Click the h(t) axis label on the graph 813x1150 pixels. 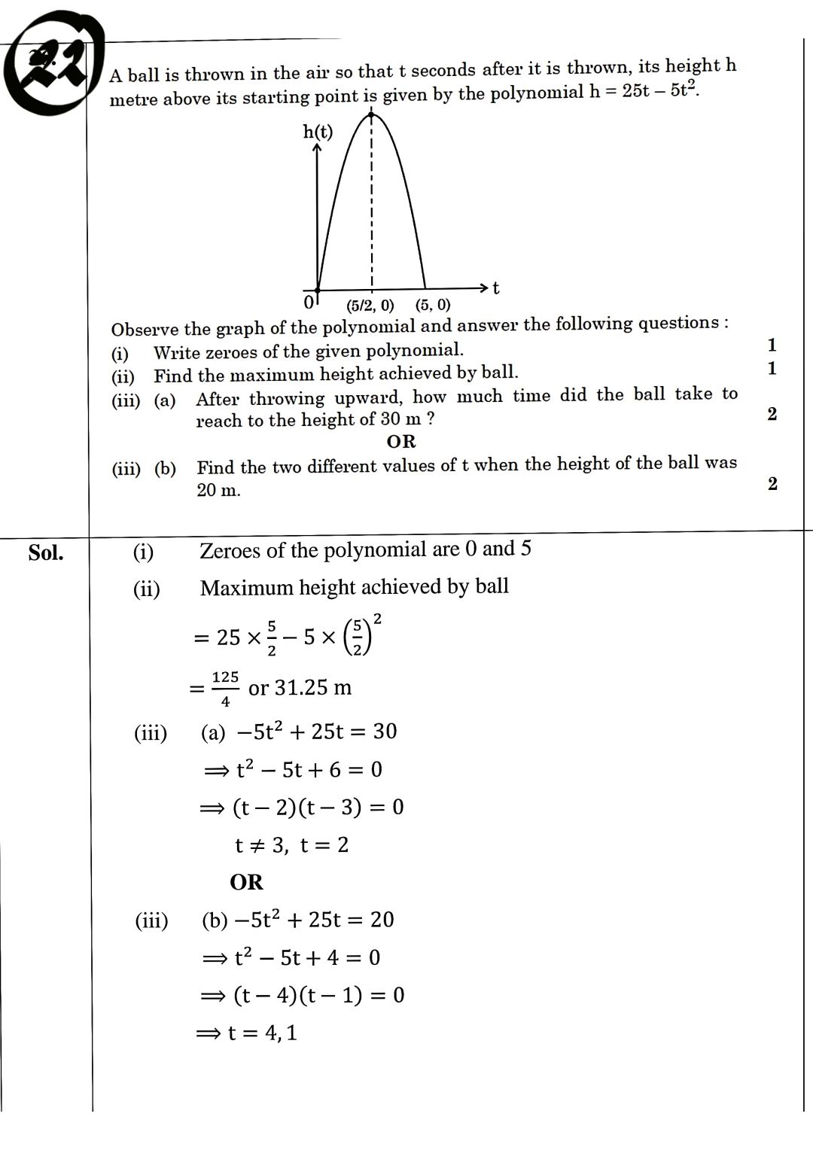[x=318, y=132]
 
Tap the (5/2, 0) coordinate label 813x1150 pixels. [x=370, y=306]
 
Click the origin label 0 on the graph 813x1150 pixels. [x=308, y=303]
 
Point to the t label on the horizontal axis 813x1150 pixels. [x=496, y=288]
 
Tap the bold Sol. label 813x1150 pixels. [x=46, y=553]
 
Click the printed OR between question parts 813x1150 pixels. [x=400, y=442]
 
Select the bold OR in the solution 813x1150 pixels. [x=246, y=882]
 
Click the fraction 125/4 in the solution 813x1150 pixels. [x=225, y=688]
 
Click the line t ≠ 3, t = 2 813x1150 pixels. [x=291, y=845]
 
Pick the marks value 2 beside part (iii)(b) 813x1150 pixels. [x=772, y=484]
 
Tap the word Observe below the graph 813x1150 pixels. [x=145, y=330]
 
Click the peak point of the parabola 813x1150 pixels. [x=371, y=114]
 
